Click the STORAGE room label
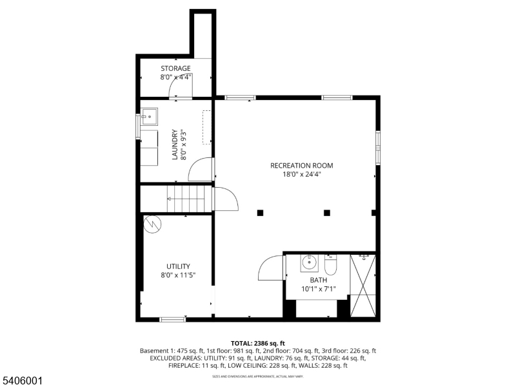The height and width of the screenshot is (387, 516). (175, 68)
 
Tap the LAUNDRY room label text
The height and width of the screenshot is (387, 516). (174, 145)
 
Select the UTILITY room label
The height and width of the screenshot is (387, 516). (177, 266)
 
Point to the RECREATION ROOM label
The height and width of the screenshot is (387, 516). (301, 165)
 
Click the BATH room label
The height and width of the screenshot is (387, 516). (318, 280)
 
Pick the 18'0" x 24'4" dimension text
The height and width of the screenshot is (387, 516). (301, 174)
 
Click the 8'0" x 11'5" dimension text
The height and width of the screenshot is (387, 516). (177, 275)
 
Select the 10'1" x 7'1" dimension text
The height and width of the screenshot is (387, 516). (318, 289)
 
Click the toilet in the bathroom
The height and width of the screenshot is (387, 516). (330, 265)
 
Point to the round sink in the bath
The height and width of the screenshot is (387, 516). (309, 263)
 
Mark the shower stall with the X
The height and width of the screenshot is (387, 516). (362, 284)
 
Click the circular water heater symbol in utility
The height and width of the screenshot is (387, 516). (153, 224)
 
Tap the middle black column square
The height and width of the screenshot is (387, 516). (326, 212)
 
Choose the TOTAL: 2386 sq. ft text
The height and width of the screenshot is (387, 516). (257, 342)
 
